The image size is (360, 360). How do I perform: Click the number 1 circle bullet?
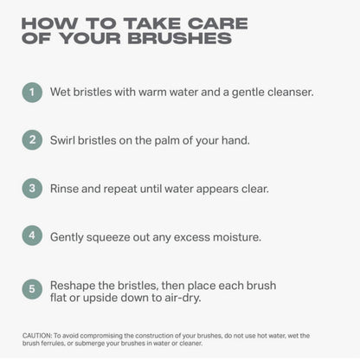(32, 93)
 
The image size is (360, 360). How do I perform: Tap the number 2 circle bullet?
(32, 140)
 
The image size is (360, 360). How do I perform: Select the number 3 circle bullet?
(32, 189)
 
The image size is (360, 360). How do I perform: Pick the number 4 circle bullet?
(32, 235)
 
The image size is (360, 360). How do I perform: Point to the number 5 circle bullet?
(32, 289)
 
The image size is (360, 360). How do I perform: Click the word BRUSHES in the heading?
(180, 38)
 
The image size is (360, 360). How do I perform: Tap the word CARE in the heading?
(218, 23)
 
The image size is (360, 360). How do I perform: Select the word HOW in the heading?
(49, 23)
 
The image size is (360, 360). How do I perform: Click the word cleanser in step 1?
(291, 92)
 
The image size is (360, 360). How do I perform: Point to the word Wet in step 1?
(61, 92)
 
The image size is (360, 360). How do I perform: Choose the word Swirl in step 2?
(62, 140)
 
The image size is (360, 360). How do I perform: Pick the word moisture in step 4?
(237, 237)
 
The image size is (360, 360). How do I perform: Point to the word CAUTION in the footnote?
(37, 336)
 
